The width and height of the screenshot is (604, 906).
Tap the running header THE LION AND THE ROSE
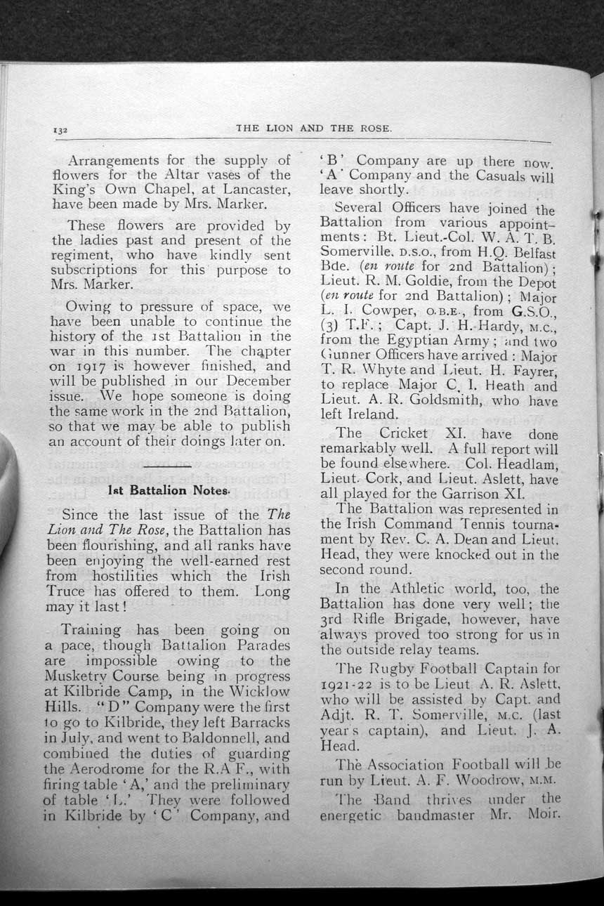tap(314, 129)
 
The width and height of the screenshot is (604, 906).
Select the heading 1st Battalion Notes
tap(166, 490)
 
